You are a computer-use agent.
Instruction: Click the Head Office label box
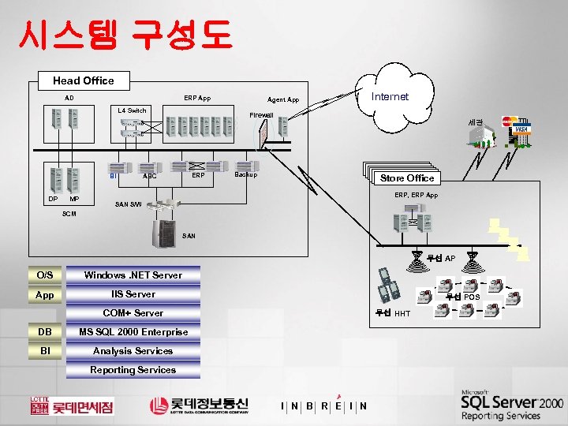(x=83, y=80)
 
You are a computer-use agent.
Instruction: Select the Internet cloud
(x=390, y=96)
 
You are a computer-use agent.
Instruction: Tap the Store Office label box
(x=407, y=177)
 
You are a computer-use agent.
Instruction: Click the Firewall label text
(x=261, y=115)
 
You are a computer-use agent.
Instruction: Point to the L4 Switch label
(x=132, y=110)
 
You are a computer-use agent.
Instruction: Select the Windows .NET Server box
(x=133, y=275)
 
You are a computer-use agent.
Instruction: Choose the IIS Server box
(x=133, y=294)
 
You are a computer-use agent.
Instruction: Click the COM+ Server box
(x=133, y=313)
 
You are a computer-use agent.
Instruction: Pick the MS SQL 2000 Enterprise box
(x=133, y=332)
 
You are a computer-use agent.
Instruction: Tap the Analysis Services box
(x=133, y=351)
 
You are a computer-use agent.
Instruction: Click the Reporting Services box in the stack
(x=133, y=370)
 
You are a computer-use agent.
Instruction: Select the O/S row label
(x=44, y=275)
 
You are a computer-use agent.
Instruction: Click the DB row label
(x=44, y=332)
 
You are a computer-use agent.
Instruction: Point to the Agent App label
(x=283, y=100)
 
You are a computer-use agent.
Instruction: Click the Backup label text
(x=246, y=174)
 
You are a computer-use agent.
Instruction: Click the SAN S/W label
(x=129, y=204)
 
